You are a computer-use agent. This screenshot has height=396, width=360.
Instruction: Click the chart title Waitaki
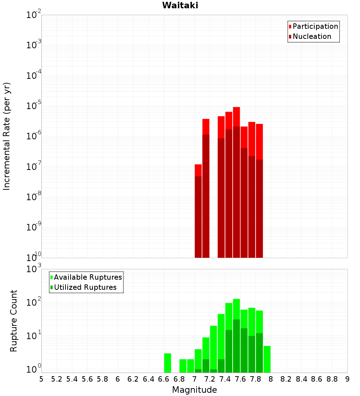[180, 5]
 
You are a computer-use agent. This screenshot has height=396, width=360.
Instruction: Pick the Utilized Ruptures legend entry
[85, 287]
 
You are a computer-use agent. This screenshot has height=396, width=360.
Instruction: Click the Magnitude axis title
[194, 390]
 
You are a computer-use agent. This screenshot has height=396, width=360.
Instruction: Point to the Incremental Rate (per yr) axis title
[7, 136]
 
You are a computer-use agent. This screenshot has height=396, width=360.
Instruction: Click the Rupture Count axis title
[14, 320]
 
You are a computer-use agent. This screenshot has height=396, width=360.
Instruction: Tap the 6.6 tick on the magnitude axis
[164, 379]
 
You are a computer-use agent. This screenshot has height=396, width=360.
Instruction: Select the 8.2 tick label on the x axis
[286, 379]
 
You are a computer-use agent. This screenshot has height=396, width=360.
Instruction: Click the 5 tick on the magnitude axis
[41, 379]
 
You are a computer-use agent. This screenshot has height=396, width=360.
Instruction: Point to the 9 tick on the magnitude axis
[347, 379]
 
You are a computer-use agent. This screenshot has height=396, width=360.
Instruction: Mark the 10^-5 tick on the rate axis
[34, 105]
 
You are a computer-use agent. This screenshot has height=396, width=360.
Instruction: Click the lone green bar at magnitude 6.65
[167, 363]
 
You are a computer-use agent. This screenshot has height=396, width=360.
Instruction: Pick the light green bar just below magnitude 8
[267, 359]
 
